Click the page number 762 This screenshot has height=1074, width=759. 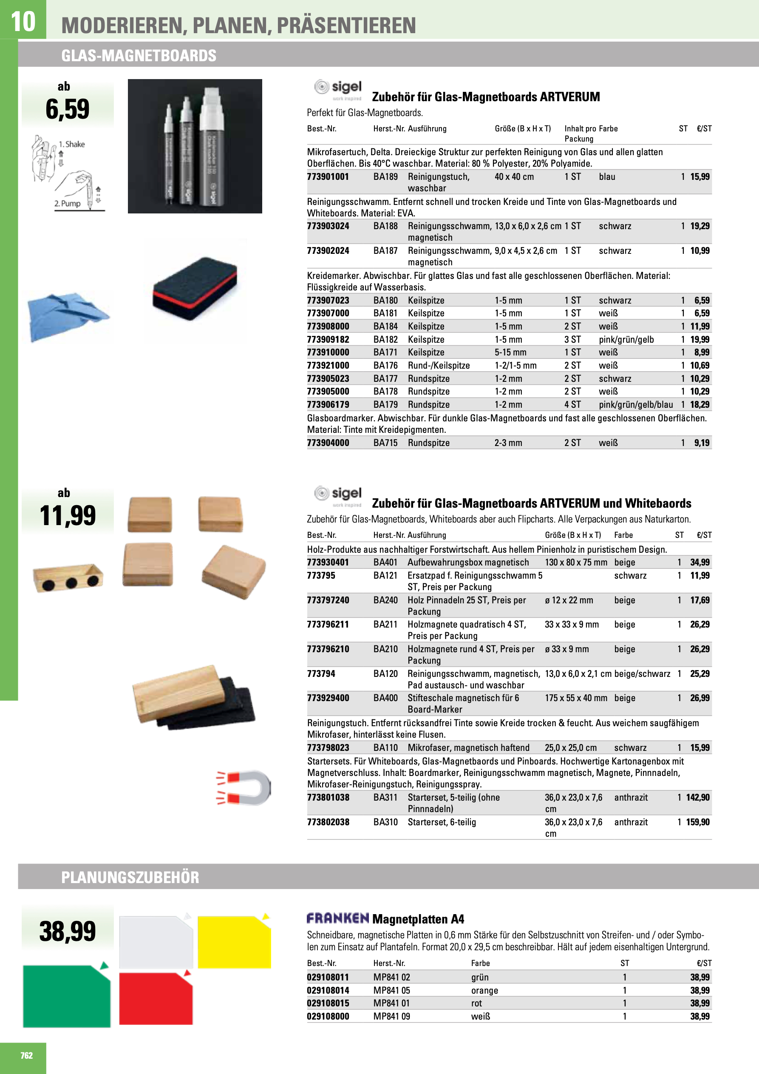click(27, 1055)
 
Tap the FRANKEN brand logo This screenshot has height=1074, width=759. click(338, 918)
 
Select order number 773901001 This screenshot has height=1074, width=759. click(328, 177)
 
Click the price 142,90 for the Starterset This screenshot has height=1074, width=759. click(698, 798)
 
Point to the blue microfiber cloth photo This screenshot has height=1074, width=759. click(68, 316)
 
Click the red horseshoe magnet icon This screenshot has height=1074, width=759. click(244, 787)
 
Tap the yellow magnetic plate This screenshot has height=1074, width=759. click(234, 942)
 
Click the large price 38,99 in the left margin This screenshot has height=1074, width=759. click(68, 931)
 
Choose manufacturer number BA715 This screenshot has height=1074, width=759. click(385, 443)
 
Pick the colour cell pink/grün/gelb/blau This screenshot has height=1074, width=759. click(635, 405)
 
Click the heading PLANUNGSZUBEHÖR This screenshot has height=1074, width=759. click(130, 878)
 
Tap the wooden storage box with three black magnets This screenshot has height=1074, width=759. click(68, 578)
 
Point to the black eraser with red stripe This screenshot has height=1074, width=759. click(195, 289)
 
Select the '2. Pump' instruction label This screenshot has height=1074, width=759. click(67, 204)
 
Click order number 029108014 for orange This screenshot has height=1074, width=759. click(328, 990)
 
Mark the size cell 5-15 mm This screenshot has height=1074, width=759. click(510, 352)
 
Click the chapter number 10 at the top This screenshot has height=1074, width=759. click(23, 22)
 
